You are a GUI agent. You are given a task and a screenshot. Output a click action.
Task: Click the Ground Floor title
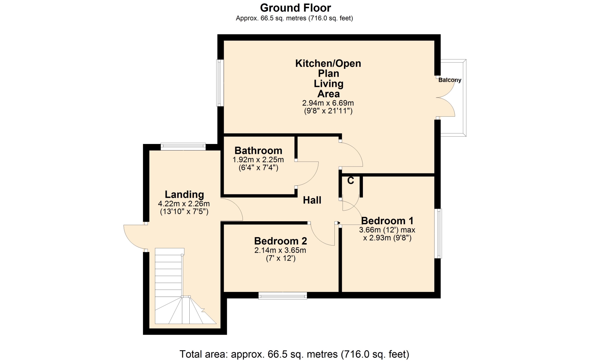(x=295, y=8)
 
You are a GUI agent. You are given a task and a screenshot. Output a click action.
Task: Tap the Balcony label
(x=450, y=80)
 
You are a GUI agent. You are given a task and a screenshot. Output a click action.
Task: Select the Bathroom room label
(x=258, y=150)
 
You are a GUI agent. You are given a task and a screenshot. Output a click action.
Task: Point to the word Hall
(x=312, y=200)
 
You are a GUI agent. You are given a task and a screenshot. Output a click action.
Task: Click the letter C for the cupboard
(x=351, y=180)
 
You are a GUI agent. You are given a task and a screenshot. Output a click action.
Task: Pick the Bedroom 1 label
(x=387, y=221)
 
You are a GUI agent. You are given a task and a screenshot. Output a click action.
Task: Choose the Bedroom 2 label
(x=281, y=241)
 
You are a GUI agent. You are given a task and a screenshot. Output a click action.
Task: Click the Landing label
(x=184, y=194)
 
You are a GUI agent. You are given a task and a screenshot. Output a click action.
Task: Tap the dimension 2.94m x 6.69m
(x=328, y=103)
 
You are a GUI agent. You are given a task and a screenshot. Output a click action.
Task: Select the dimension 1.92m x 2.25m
(x=258, y=160)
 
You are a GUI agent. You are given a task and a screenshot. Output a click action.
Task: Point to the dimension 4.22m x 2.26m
(x=184, y=204)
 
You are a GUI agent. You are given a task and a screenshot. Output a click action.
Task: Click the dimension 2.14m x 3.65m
(x=280, y=250)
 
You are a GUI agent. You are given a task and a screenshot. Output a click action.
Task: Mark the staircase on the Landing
(x=185, y=286)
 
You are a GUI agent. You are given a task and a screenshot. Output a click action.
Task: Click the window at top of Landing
(x=183, y=146)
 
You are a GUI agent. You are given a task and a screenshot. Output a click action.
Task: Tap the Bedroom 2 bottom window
(x=283, y=296)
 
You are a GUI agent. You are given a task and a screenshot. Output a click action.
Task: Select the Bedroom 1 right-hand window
(x=438, y=233)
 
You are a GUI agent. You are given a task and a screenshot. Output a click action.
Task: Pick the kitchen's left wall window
(x=220, y=83)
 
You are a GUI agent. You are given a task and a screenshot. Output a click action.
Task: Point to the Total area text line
(x=294, y=354)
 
